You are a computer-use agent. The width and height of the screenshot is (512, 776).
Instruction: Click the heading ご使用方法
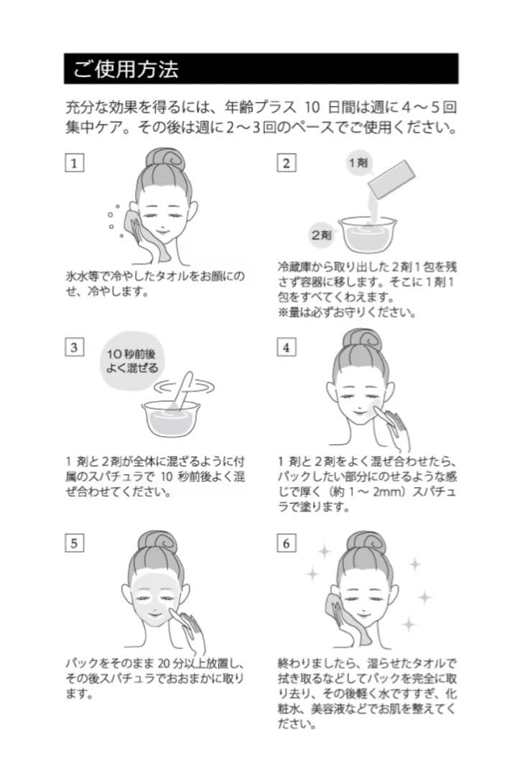pyautogui.click(x=126, y=69)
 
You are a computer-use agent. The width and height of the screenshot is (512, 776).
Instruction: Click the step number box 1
pyautogui.click(x=73, y=162)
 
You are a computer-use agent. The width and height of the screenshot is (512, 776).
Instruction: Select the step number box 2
pyautogui.click(x=286, y=162)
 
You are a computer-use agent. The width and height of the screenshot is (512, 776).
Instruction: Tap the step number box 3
pyautogui.click(x=73, y=348)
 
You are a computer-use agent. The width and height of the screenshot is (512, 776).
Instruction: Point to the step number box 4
pyautogui.click(x=286, y=348)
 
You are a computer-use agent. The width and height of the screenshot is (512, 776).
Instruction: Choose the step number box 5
pyautogui.click(x=73, y=543)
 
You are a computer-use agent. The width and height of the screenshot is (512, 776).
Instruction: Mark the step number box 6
pyautogui.click(x=286, y=543)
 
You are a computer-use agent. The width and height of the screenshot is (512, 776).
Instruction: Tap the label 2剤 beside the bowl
pyautogui.click(x=320, y=234)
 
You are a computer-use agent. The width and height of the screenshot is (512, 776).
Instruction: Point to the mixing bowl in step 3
pyautogui.click(x=171, y=418)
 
